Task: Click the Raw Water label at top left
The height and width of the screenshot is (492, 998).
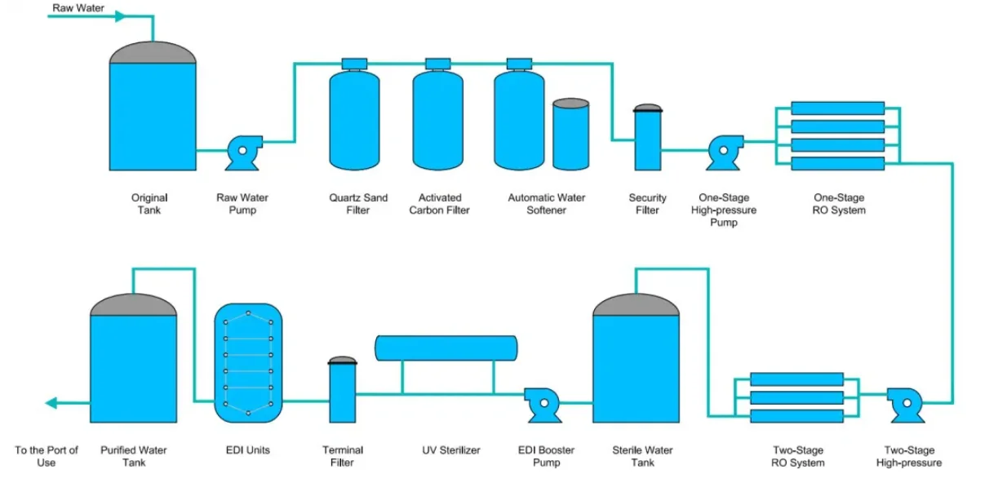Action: [x=78, y=8]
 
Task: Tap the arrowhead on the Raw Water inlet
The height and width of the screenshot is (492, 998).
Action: [x=122, y=16]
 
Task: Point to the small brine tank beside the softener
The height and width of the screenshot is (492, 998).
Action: [x=570, y=134]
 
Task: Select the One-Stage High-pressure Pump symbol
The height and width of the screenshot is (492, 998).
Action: [x=723, y=149]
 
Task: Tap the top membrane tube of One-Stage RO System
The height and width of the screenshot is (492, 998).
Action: [x=837, y=109]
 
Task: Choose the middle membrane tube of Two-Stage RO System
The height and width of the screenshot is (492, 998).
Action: [x=796, y=397]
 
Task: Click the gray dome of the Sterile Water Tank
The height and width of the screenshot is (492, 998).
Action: [x=636, y=305]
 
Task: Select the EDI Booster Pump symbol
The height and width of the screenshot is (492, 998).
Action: [x=539, y=401]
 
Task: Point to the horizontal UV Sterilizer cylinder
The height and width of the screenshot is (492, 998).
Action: [x=446, y=348]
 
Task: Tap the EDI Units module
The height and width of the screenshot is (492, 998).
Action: [x=248, y=362]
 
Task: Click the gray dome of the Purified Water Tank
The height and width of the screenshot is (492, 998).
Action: [x=133, y=305]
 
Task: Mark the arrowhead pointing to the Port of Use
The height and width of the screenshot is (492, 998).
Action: [x=51, y=402]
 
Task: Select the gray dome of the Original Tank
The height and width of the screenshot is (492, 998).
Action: [x=153, y=52]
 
